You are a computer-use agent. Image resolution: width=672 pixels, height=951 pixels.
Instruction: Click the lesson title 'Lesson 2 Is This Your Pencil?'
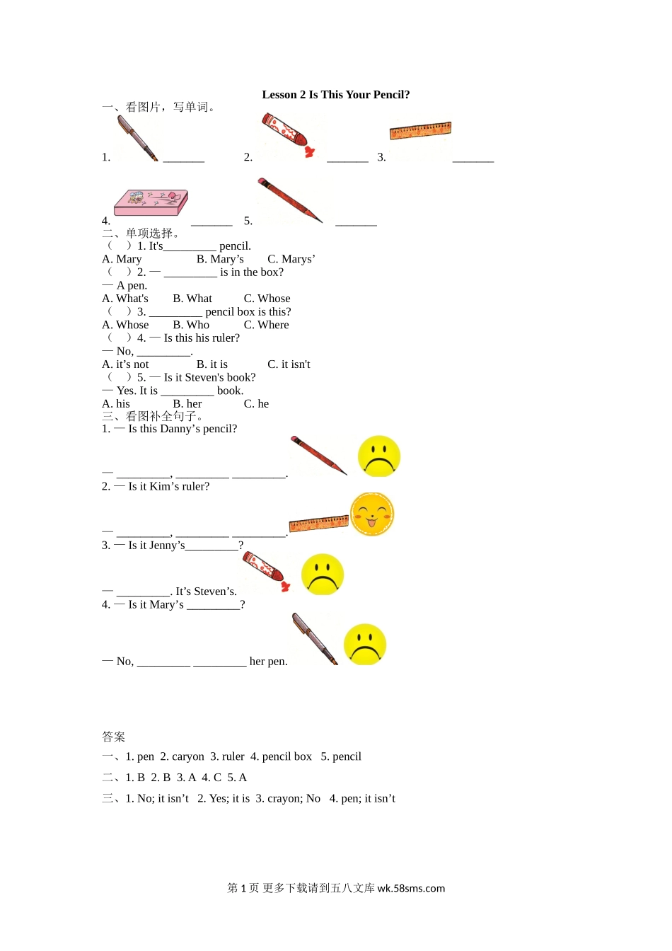point(335,95)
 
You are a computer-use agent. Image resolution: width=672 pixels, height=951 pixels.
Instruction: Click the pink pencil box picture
point(151,202)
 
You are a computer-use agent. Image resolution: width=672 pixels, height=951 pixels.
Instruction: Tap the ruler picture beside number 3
point(420,130)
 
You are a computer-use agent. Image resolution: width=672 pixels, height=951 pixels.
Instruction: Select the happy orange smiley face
point(372,514)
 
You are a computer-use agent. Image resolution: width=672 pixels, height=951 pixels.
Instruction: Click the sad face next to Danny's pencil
point(379,456)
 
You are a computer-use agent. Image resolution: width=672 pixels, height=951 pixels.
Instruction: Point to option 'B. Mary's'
point(220,259)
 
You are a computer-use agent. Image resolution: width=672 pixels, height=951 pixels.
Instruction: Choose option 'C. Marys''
point(291,259)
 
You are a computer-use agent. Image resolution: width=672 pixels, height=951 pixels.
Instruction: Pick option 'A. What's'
point(125,299)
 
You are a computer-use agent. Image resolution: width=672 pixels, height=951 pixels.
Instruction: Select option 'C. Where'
point(266,325)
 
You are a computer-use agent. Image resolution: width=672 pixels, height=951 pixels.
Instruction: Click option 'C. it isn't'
point(289,364)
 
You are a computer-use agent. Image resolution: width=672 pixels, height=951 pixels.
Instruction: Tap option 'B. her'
point(187,404)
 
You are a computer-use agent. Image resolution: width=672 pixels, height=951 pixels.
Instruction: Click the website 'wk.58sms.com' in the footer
point(411,889)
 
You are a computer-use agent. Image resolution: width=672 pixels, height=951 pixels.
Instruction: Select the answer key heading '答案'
point(113,737)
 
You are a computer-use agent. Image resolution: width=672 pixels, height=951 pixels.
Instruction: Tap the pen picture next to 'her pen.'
point(315,639)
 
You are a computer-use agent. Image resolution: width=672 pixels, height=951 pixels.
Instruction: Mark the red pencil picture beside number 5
point(290,200)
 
